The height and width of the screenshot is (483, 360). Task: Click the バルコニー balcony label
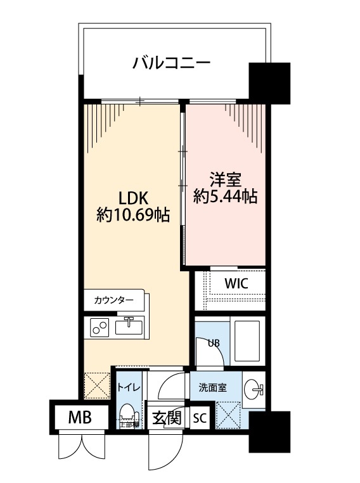click(x=170, y=63)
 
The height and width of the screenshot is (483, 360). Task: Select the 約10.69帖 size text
click(x=132, y=216)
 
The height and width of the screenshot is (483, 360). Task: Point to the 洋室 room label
click(x=225, y=178)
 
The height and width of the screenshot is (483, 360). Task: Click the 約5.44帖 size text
click(x=225, y=196)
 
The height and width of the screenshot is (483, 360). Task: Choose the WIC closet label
click(x=235, y=283)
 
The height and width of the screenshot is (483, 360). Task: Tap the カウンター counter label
click(x=113, y=300)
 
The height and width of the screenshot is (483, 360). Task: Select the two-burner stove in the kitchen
click(x=100, y=327)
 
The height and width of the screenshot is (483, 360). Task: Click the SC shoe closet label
click(x=199, y=418)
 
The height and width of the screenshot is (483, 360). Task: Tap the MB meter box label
click(x=80, y=418)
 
